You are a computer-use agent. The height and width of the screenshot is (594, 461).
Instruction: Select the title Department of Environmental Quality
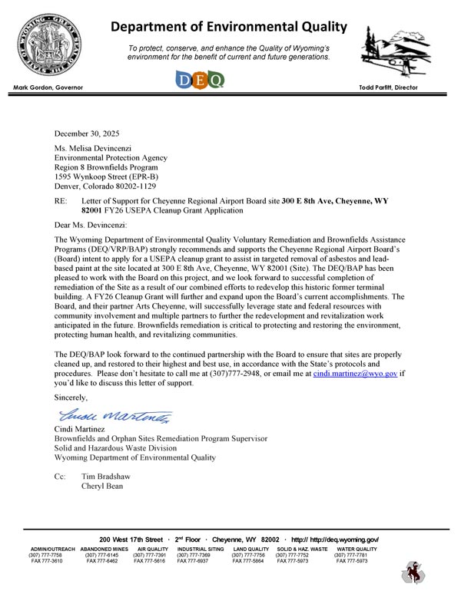[x=229, y=28]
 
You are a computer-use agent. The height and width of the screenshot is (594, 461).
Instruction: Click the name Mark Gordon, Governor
[x=51, y=88]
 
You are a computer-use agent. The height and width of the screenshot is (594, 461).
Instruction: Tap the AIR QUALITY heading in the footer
[x=151, y=549]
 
